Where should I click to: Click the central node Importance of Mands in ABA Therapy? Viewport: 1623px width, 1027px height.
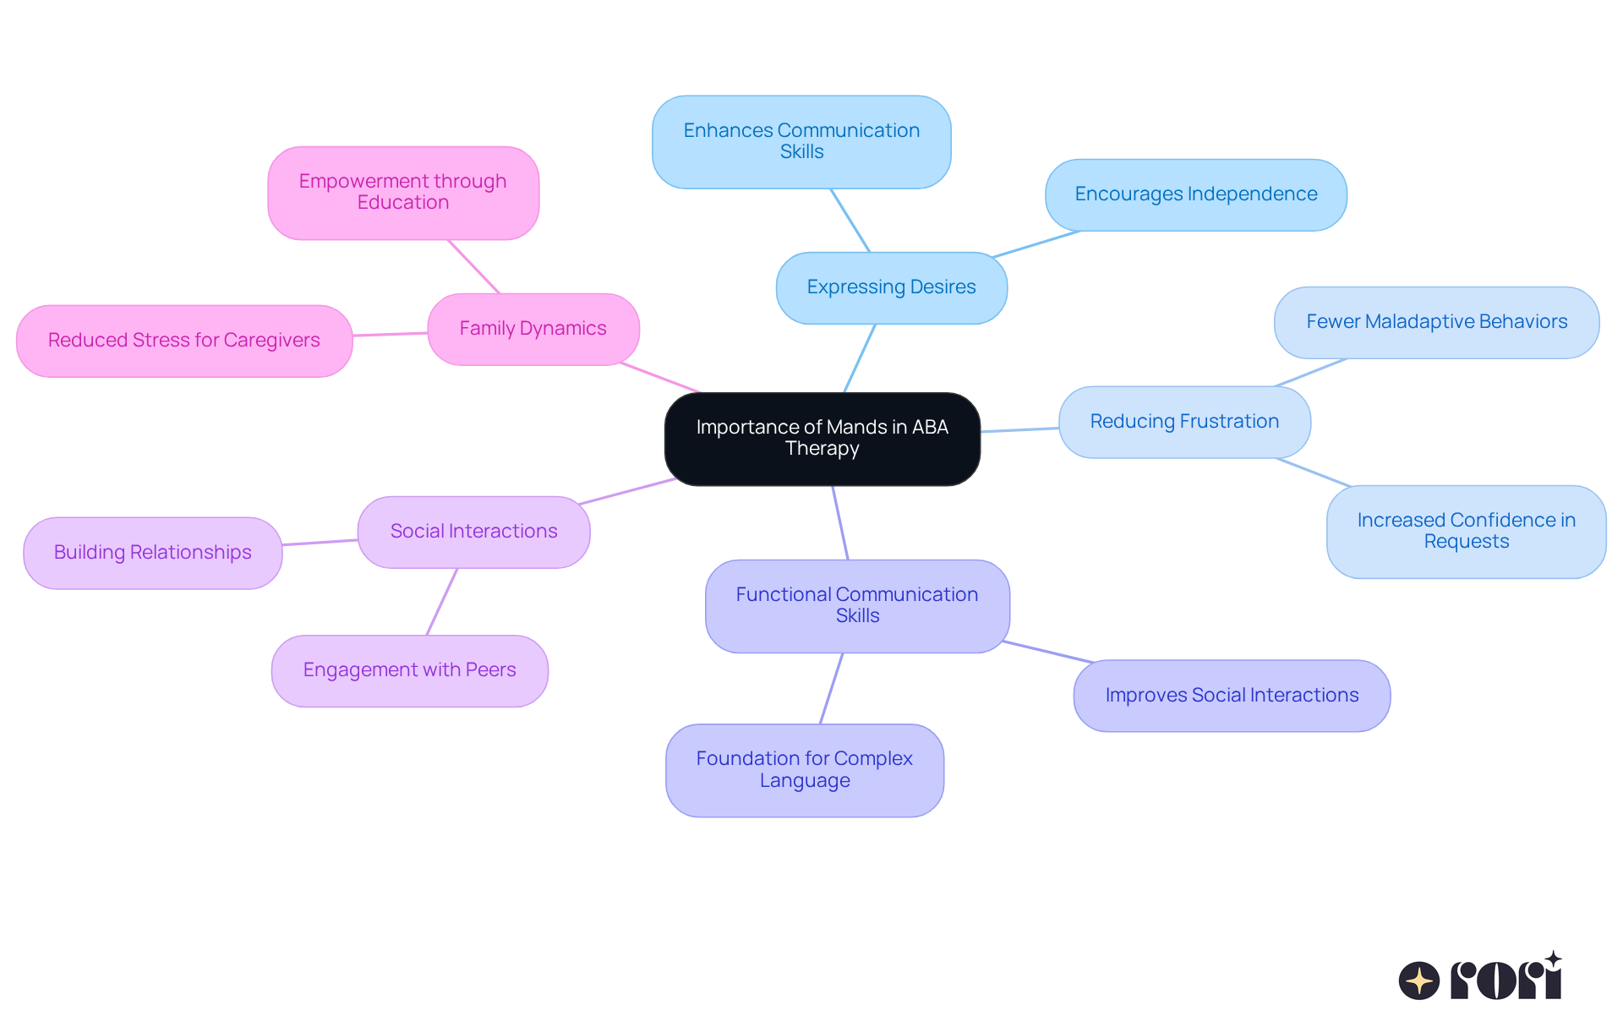(x=822, y=438)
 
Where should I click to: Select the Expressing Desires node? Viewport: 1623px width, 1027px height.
(x=891, y=287)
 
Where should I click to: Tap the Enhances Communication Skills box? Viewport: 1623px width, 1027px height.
(x=801, y=141)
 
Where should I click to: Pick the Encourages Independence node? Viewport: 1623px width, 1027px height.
(x=1195, y=194)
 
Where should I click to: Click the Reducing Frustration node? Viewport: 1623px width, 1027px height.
(x=1184, y=422)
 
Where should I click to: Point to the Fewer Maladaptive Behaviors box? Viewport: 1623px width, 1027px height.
(x=1436, y=322)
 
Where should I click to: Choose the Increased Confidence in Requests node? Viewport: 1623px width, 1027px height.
(x=1466, y=531)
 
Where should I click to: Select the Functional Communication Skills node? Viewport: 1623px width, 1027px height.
(x=857, y=605)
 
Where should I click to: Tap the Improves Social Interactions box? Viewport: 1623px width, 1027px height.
(x=1232, y=696)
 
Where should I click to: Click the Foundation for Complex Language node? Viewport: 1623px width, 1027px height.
(x=804, y=769)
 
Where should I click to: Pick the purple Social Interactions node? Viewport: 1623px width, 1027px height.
(x=473, y=532)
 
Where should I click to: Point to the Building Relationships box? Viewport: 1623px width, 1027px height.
(x=152, y=553)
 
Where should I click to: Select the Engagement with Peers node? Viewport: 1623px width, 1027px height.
(x=409, y=670)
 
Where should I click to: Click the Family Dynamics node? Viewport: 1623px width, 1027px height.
(x=533, y=329)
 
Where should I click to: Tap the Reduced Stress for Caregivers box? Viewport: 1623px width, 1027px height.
(x=183, y=341)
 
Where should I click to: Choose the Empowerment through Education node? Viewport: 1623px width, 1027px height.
(x=402, y=193)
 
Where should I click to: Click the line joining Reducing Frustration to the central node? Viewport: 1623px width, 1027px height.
(x=1019, y=429)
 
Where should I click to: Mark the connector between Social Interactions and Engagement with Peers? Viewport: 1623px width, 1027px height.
(x=442, y=601)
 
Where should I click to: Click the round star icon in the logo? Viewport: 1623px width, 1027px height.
(x=1418, y=981)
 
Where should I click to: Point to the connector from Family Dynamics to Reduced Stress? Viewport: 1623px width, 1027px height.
(x=390, y=334)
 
